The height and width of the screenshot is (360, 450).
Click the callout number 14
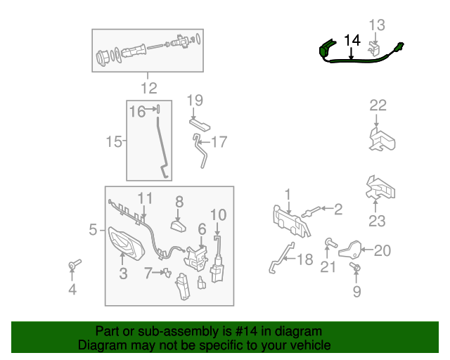(352, 41)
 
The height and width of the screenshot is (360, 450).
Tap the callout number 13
(377, 25)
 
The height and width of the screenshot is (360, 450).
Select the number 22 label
(378, 105)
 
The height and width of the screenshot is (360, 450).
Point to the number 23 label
(377, 221)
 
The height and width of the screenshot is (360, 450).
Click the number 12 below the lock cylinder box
(149, 88)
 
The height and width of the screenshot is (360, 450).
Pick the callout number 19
(195, 100)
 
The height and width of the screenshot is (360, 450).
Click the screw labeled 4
(75, 264)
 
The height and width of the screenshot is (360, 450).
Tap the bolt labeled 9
(355, 267)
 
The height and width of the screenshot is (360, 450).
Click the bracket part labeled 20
(349, 250)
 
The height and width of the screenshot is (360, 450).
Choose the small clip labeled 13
(373, 48)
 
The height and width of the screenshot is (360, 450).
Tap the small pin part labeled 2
(311, 212)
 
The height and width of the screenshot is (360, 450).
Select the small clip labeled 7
(167, 273)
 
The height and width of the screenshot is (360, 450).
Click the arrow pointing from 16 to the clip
(150, 109)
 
